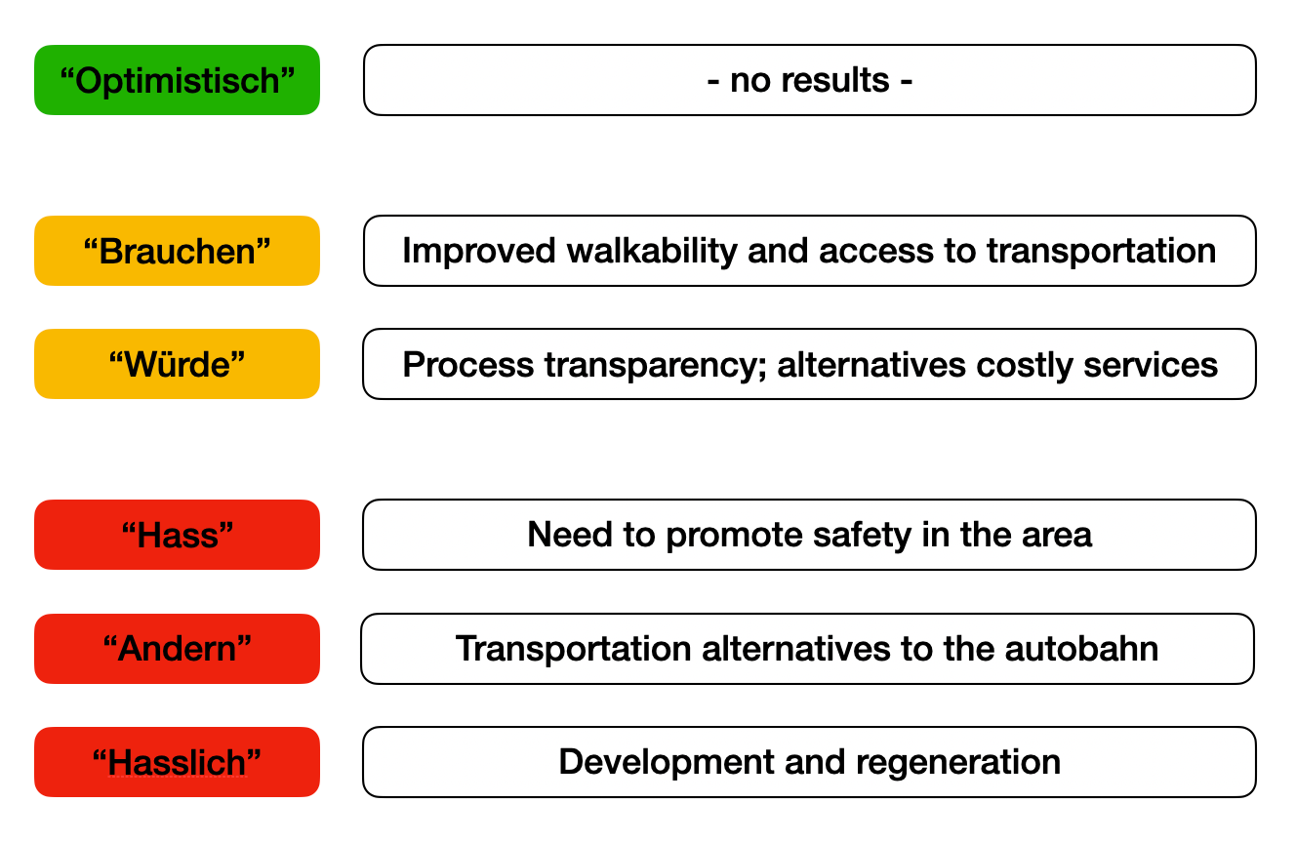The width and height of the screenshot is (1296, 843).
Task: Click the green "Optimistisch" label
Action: [x=177, y=80]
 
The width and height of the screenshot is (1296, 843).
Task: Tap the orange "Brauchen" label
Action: [x=177, y=251]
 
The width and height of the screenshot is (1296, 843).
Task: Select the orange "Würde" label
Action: [x=177, y=364]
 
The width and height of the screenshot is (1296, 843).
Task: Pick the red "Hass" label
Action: [x=177, y=535]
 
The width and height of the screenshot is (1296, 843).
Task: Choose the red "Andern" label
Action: [x=177, y=648]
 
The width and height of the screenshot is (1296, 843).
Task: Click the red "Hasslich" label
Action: [x=177, y=762]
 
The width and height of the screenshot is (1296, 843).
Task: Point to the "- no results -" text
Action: [x=809, y=80]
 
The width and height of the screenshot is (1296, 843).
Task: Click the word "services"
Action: [x=1149, y=365]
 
